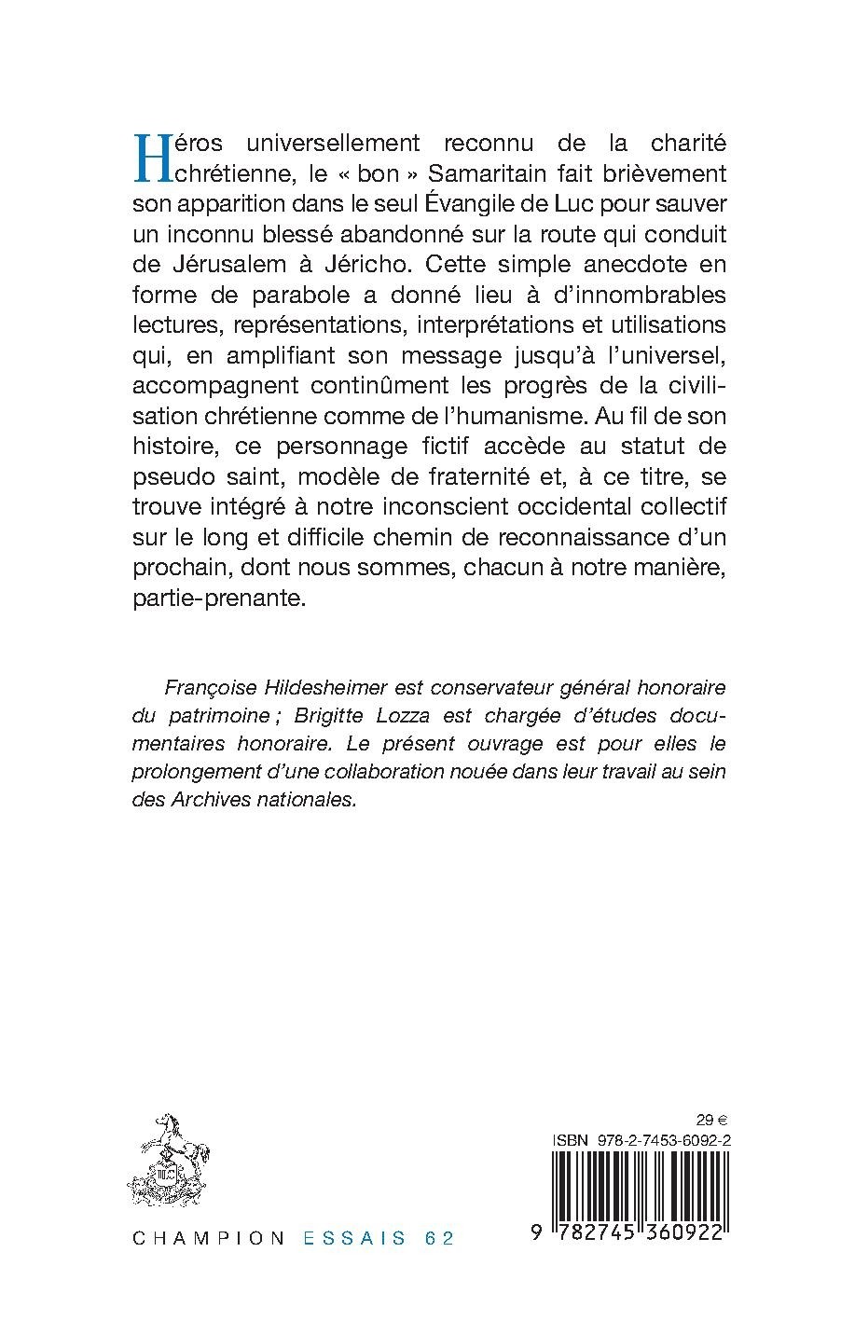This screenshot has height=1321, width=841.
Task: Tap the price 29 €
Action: (713, 1121)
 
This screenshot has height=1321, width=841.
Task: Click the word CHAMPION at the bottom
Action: (209, 1239)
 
